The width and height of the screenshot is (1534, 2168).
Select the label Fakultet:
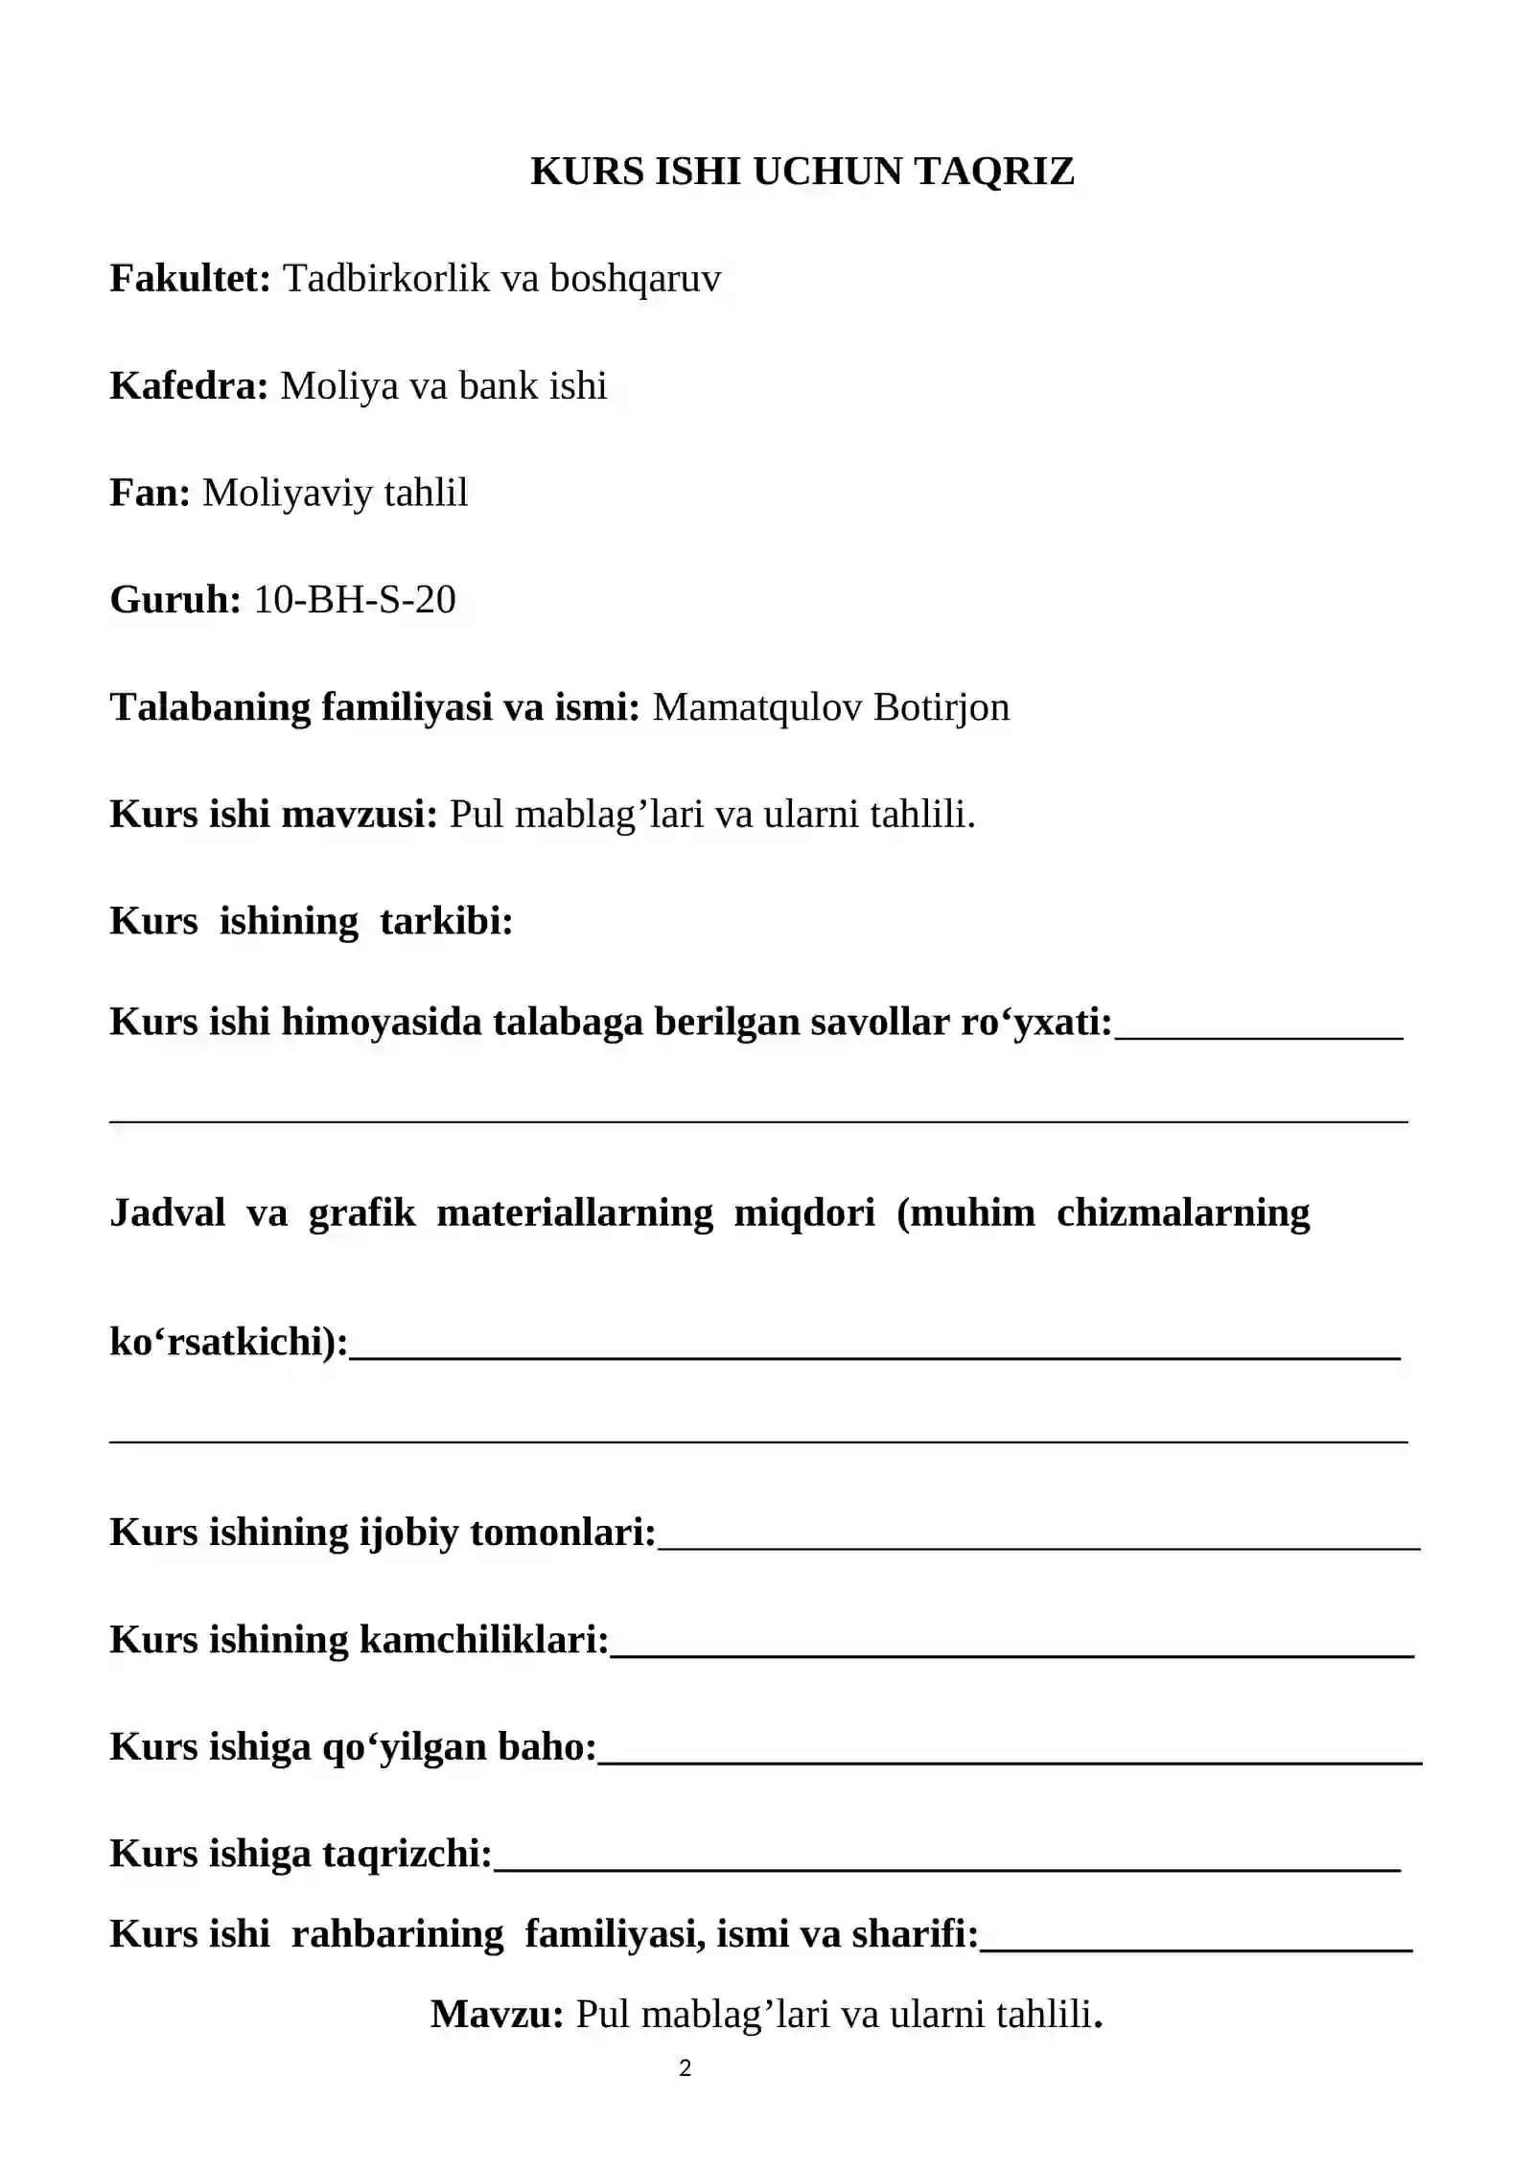point(191,279)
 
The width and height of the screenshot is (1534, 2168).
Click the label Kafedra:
point(189,386)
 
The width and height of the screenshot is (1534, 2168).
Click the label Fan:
point(150,493)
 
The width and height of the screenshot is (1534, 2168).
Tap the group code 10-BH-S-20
point(355,600)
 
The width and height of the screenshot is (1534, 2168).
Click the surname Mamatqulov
point(755,707)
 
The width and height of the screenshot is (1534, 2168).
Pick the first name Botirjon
point(941,707)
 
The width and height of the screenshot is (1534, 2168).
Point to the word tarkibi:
point(447,921)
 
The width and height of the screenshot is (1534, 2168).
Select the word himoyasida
point(381,1023)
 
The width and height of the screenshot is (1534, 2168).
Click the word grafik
point(361,1213)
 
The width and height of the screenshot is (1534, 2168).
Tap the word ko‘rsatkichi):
point(229,1342)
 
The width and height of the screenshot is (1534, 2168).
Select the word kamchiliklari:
point(483,1640)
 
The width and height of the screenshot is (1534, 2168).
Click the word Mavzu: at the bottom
point(497,2015)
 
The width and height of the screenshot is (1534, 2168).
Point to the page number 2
point(685,2068)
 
